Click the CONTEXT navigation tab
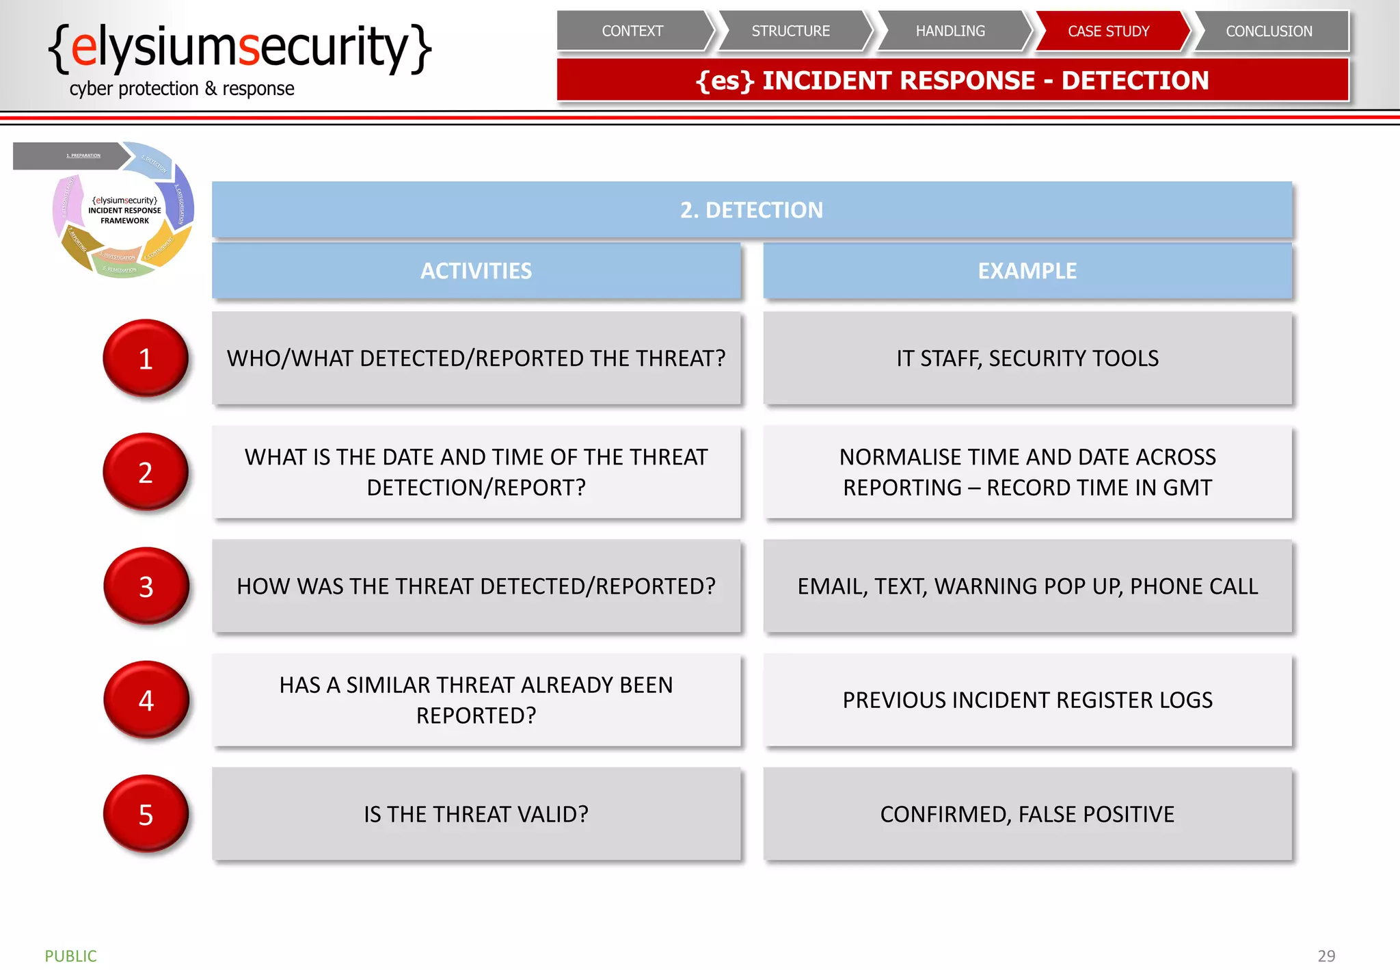click(x=632, y=31)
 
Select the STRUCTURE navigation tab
click(x=791, y=31)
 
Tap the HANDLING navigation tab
click(x=950, y=31)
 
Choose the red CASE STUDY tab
click(x=1109, y=31)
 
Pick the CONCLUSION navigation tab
click(x=1269, y=31)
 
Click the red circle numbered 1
click(x=146, y=358)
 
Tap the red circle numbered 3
click(x=146, y=586)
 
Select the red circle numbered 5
click(x=146, y=814)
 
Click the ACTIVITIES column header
click(x=476, y=271)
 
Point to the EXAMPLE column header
click(x=1027, y=271)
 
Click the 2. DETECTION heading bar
click(x=751, y=210)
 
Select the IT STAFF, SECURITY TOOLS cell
click(x=1027, y=358)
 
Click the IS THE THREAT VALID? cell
click(x=476, y=814)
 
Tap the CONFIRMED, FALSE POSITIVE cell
click(x=1027, y=814)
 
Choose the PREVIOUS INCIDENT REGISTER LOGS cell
click(x=1027, y=700)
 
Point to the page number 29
click(x=1326, y=956)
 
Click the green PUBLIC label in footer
click(x=70, y=956)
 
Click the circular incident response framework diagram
click(x=124, y=211)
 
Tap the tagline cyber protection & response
click(x=182, y=89)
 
